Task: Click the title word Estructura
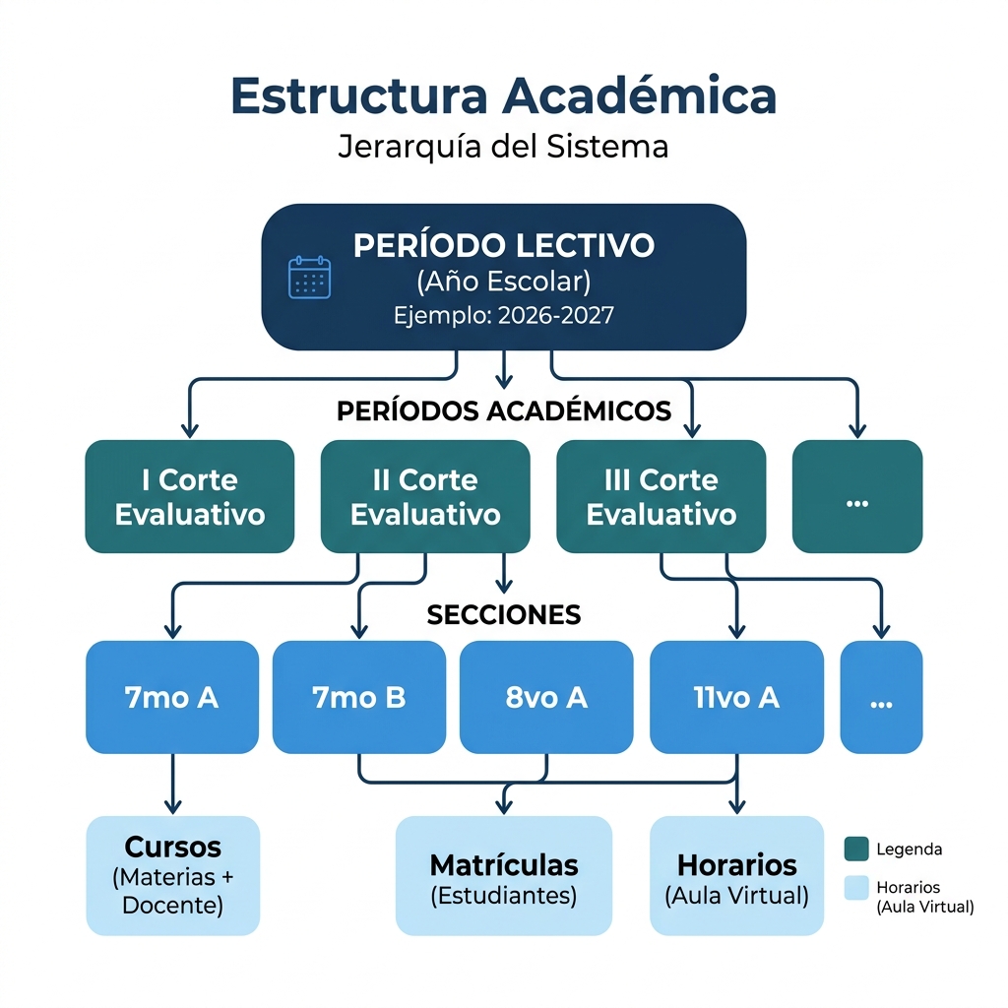[x=357, y=95]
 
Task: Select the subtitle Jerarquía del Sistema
[x=503, y=147]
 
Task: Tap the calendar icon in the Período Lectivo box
[x=309, y=278]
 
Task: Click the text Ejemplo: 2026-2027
[x=503, y=316]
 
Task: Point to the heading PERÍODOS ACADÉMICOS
[x=503, y=410]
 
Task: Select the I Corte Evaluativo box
[x=190, y=496]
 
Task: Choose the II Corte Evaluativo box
[x=425, y=496]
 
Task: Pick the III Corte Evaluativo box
[x=661, y=496]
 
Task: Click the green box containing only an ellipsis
[x=856, y=496]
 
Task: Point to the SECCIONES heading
[x=503, y=615]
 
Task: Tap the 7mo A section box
[x=172, y=697]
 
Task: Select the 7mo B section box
[x=358, y=697]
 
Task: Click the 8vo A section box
[x=546, y=697]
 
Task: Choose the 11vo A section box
[x=736, y=697]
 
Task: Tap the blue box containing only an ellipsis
[x=881, y=697]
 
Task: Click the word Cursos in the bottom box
[x=172, y=848]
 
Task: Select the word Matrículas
[x=503, y=865]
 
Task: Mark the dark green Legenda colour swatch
[x=856, y=849]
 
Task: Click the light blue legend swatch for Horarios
[x=856, y=888]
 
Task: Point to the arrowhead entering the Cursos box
[x=172, y=807]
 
